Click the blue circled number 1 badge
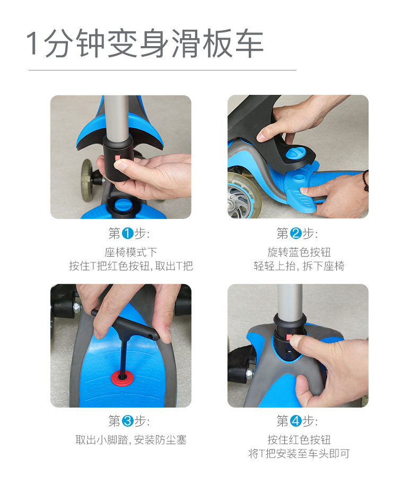128,233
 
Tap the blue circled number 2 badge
295,233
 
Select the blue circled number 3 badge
128,421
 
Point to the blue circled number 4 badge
295,421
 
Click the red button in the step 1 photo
118,158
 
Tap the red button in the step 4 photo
289,337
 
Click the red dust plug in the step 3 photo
122,378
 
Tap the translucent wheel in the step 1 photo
86,180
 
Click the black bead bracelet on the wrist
365,181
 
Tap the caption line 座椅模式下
130,252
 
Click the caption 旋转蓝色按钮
299,252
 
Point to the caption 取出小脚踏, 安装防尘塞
130,440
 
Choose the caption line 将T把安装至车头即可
299,454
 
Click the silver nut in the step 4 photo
249,373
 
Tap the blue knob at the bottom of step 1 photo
124,205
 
